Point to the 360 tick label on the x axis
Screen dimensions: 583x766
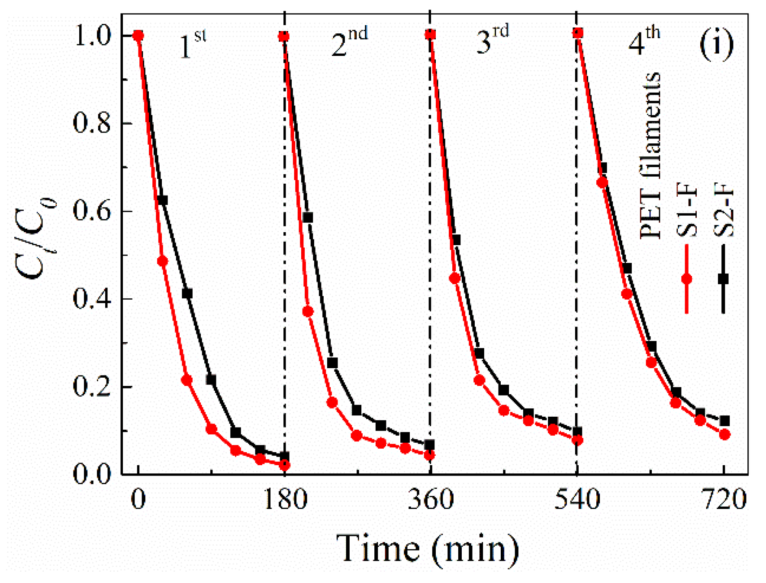point(430,499)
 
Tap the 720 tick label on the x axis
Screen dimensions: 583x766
point(724,499)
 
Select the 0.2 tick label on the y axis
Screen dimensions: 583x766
point(91,386)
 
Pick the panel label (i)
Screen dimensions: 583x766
point(716,45)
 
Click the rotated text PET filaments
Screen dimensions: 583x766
point(650,156)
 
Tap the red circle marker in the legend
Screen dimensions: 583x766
point(687,279)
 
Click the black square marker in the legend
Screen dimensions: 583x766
point(723,279)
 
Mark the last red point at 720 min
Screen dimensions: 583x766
point(725,434)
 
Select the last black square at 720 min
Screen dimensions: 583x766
point(725,421)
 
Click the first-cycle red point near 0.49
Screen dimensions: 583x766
point(162,261)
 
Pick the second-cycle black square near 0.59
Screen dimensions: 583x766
point(308,217)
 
